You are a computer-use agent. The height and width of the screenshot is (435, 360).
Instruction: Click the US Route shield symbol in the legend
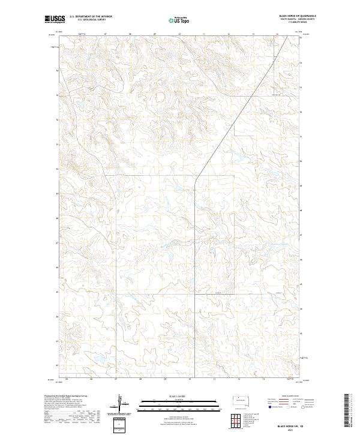tap(288, 407)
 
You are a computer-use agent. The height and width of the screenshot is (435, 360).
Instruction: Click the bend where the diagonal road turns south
tap(197, 176)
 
